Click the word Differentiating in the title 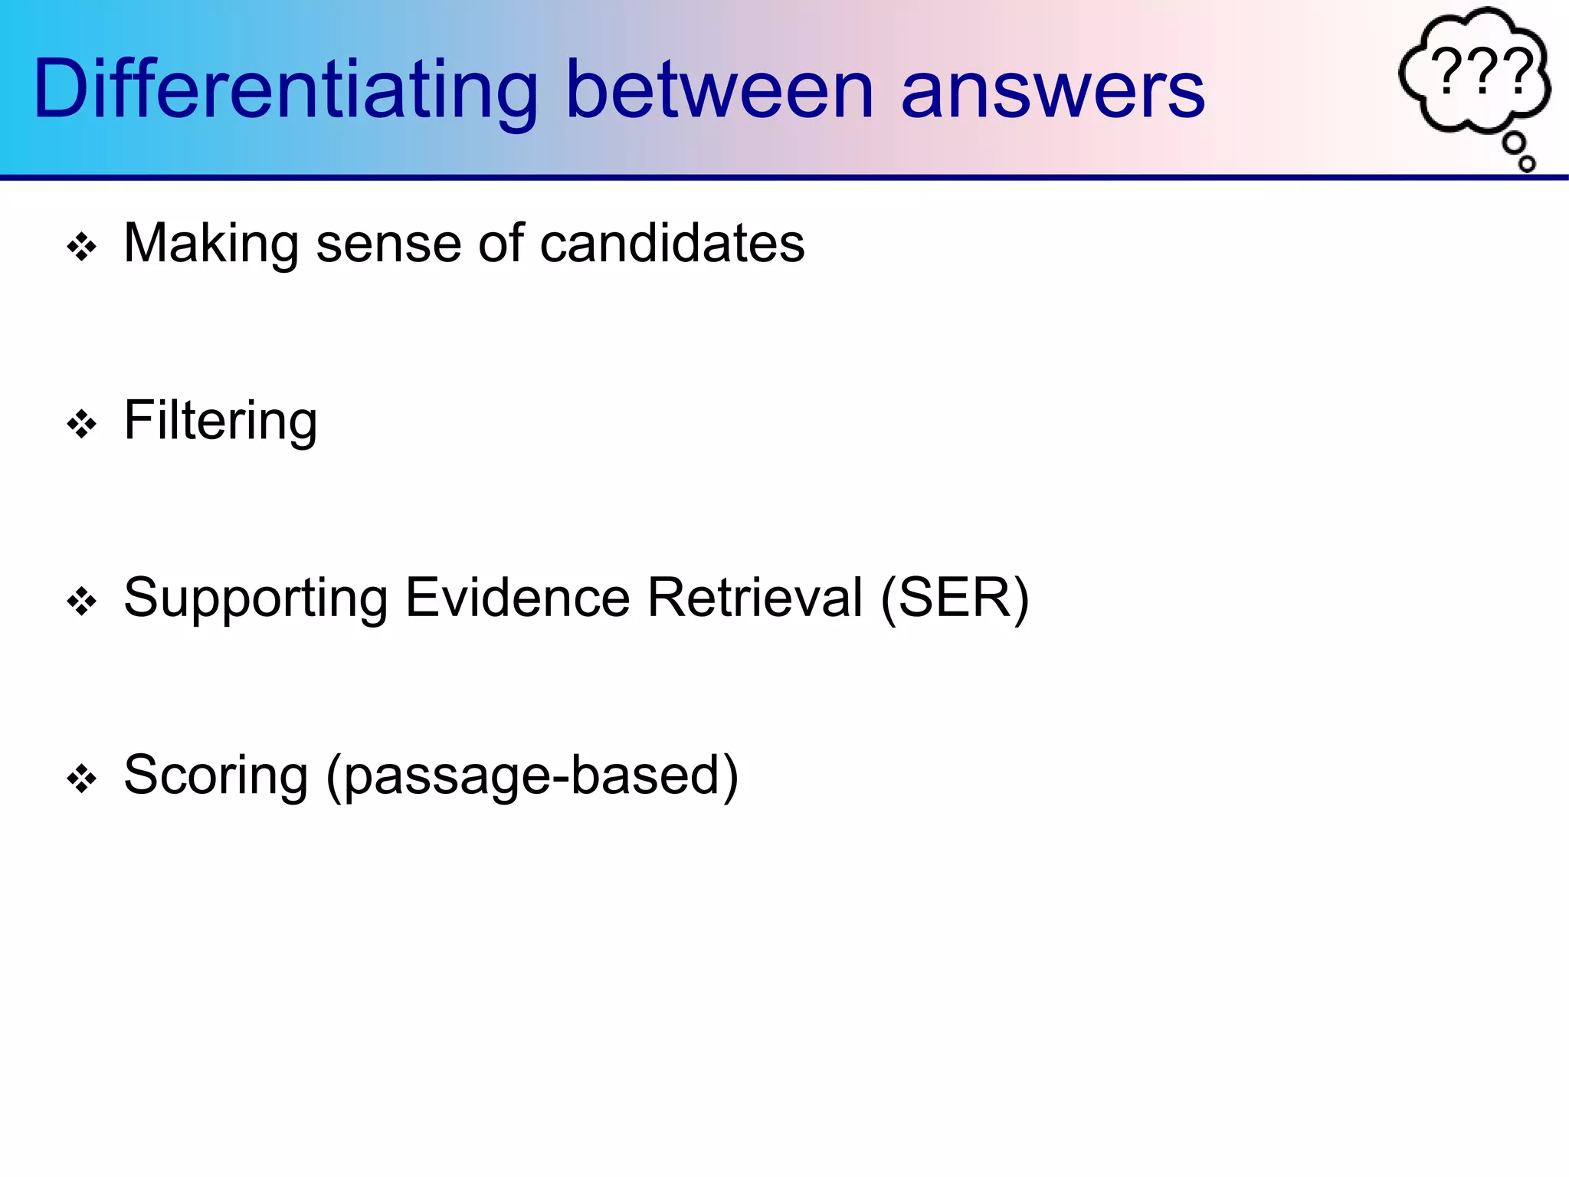coord(286,90)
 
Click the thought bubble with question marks coord(1475,73)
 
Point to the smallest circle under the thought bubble coord(1527,163)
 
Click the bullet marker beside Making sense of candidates coord(82,248)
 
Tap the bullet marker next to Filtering coord(82,425)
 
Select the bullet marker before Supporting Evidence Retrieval coord(82,602)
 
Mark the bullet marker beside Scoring coord(82,779)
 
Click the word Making coord(211,244)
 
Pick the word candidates coord(672,244)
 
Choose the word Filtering coord(221,421)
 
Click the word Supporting coord(256,599)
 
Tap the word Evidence coord(517,598)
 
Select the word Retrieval coord(755,598)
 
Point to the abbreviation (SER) coord(955,599)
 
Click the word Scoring coord(215,776)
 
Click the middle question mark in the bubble coord(1483,71)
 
